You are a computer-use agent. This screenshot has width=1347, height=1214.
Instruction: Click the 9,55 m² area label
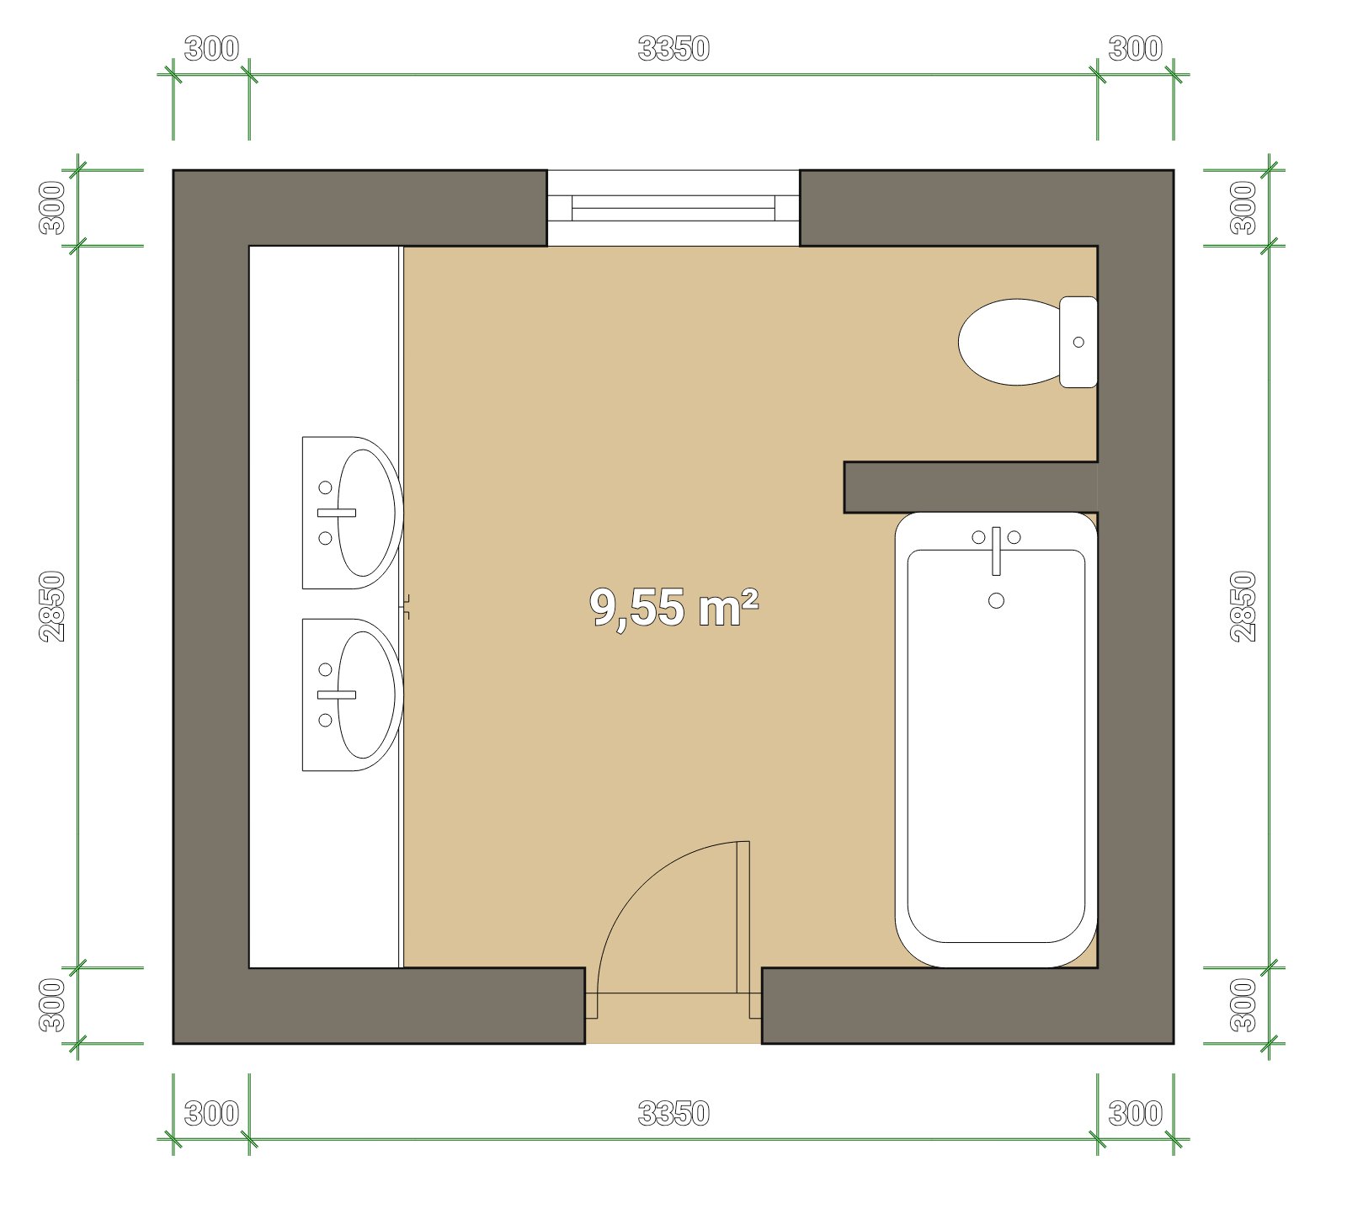[673, 607]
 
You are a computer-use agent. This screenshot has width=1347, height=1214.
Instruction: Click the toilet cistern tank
[1078, 342]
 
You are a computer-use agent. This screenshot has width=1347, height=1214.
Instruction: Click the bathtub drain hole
[997, 600]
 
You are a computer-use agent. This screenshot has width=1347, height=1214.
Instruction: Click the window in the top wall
[673, 208]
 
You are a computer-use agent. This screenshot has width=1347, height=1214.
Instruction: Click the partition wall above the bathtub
[971, 487]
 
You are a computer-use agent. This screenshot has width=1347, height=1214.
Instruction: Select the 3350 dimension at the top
[673, 49]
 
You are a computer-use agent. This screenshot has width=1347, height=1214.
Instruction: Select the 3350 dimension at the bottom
[673, 1114]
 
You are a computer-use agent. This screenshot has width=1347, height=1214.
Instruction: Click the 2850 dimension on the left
[52, 606]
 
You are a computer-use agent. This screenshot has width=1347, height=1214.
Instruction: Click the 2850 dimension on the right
[1243, 606]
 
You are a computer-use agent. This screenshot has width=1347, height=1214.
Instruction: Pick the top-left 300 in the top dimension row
[211, 49]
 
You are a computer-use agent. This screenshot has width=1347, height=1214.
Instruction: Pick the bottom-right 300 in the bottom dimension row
[1136, 1114]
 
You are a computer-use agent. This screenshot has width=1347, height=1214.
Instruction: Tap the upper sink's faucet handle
[336, 512]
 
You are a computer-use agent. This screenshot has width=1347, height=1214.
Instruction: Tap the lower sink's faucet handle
[336, 695]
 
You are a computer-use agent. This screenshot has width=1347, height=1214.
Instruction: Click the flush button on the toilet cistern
[1078, 342]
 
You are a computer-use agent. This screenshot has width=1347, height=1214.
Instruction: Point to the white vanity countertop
[326, 606]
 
